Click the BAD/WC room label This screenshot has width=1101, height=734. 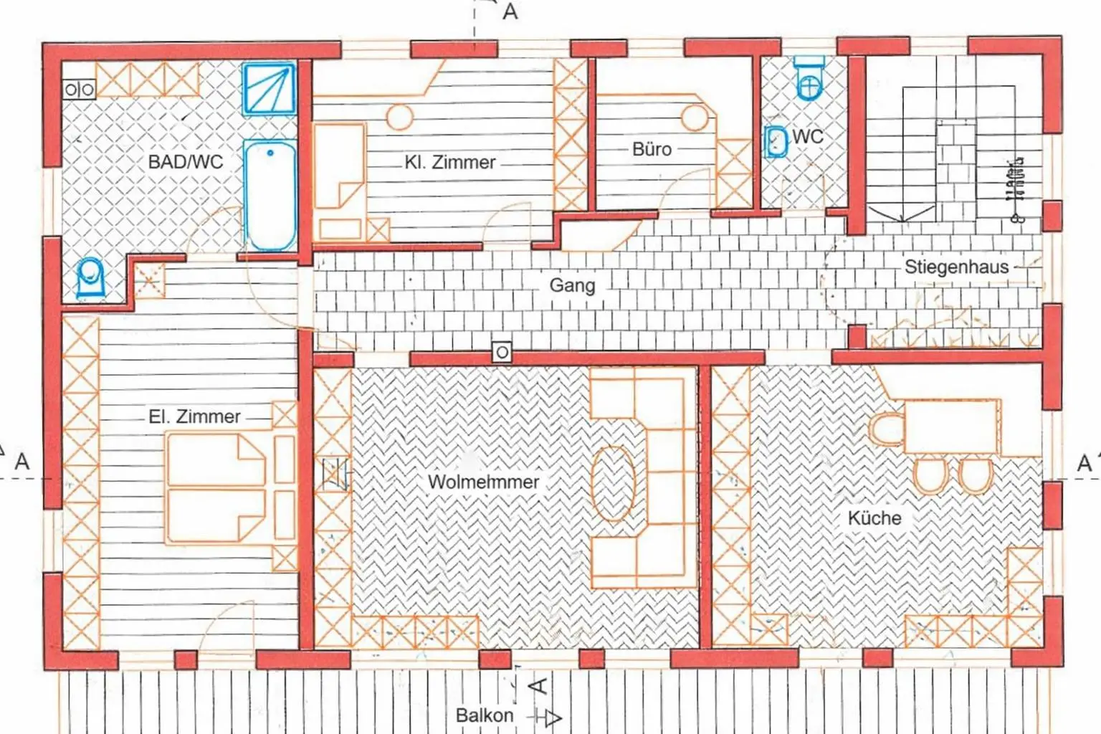(185, 162)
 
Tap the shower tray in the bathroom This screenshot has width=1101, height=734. (269, 90)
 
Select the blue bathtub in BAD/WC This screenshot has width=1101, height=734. (270, 194)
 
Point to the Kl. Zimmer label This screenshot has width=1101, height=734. (449, 163)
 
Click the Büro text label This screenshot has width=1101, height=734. (652, 149)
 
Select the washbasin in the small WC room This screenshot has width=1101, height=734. (776, 141)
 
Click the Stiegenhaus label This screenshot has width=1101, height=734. (956, 267)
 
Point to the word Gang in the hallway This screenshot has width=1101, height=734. (572, 285)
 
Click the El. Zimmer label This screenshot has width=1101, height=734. (194, 416)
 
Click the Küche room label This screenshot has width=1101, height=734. (874, 518)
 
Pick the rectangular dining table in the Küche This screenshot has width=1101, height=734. (952, 427)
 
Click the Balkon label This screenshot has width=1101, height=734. (485, 715)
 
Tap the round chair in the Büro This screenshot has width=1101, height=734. (695, 118)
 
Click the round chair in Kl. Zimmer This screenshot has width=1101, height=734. (399, 117)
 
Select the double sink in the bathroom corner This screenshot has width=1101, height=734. (79, 90)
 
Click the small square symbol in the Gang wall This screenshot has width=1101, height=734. (502, 352)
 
